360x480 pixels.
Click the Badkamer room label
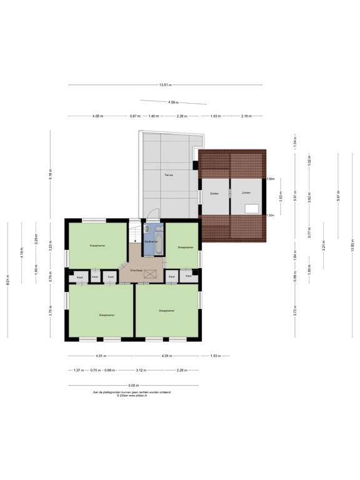click(151, 241)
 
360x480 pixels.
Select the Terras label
click(169, 175)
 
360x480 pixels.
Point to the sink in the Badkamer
click(146, 229)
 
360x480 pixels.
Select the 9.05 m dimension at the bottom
click(134, 386)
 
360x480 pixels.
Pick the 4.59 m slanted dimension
click(173, 102)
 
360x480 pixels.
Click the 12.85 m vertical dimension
click(352, 246)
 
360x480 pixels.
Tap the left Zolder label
click(214, 193)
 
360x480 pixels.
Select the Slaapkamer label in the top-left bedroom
click(97, 246)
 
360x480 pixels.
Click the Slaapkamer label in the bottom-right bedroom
click(166, 310)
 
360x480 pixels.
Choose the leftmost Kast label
click(79, 276)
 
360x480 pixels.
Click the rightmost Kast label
click(188, 276)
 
